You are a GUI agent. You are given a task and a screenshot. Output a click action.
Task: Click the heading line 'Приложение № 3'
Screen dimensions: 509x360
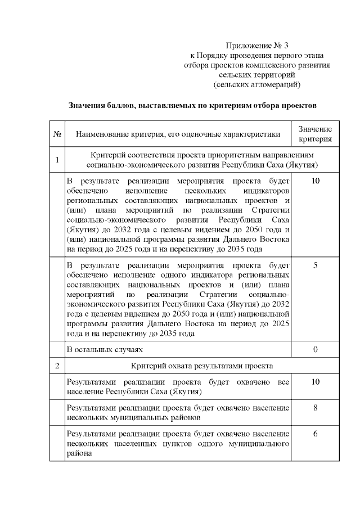coord(256,45)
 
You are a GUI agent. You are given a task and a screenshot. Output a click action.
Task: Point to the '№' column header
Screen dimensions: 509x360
coord(57,134)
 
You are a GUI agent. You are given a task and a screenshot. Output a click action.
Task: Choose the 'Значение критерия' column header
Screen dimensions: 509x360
coord(315,134)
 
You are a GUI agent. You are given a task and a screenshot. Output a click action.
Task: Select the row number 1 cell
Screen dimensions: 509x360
coord(57,160)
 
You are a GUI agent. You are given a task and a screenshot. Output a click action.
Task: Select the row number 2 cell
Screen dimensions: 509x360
coord(57,366)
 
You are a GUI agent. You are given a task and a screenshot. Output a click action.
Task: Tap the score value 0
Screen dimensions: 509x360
coord(315,349)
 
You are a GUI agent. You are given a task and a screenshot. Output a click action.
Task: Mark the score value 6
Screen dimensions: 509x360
coord(315,434)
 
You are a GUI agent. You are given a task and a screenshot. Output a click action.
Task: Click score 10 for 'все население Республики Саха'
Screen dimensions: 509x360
coord(315,382)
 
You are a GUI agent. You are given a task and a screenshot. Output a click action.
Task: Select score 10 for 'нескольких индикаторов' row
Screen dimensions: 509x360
coord(315,181)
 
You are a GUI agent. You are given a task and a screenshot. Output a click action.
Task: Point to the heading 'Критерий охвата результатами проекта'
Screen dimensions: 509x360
coord(202,366)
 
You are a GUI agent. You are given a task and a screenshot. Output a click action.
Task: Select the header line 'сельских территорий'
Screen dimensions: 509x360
coord(256,75)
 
